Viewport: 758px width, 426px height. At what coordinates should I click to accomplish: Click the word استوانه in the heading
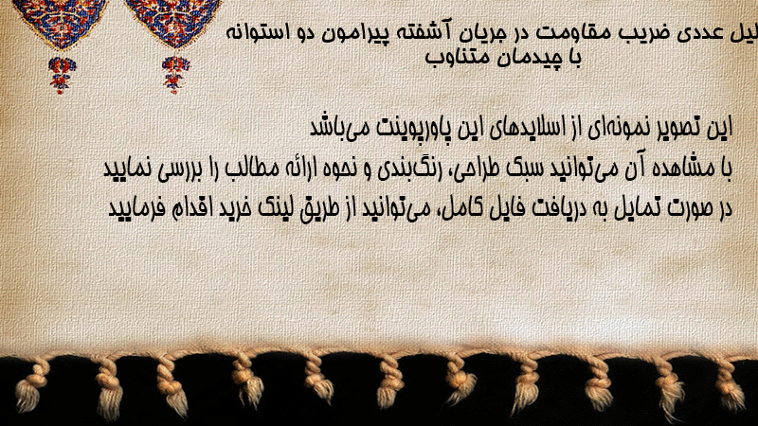click(256, 33)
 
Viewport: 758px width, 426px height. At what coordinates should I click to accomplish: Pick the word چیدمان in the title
click(537, 58)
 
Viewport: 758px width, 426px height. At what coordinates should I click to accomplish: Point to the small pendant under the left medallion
click(62, 74)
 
